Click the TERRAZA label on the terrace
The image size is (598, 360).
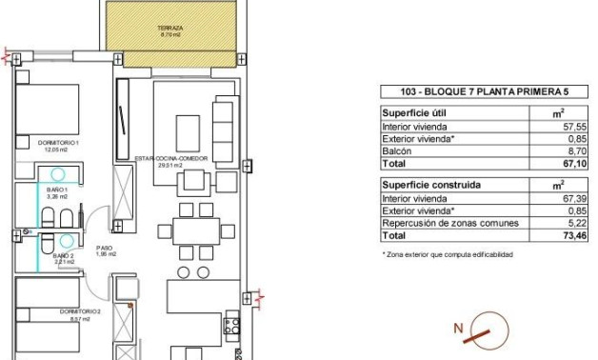171,30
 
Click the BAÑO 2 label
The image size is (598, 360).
63,257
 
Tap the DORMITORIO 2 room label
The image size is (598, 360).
73,312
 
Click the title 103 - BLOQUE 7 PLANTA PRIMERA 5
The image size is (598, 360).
470,92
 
